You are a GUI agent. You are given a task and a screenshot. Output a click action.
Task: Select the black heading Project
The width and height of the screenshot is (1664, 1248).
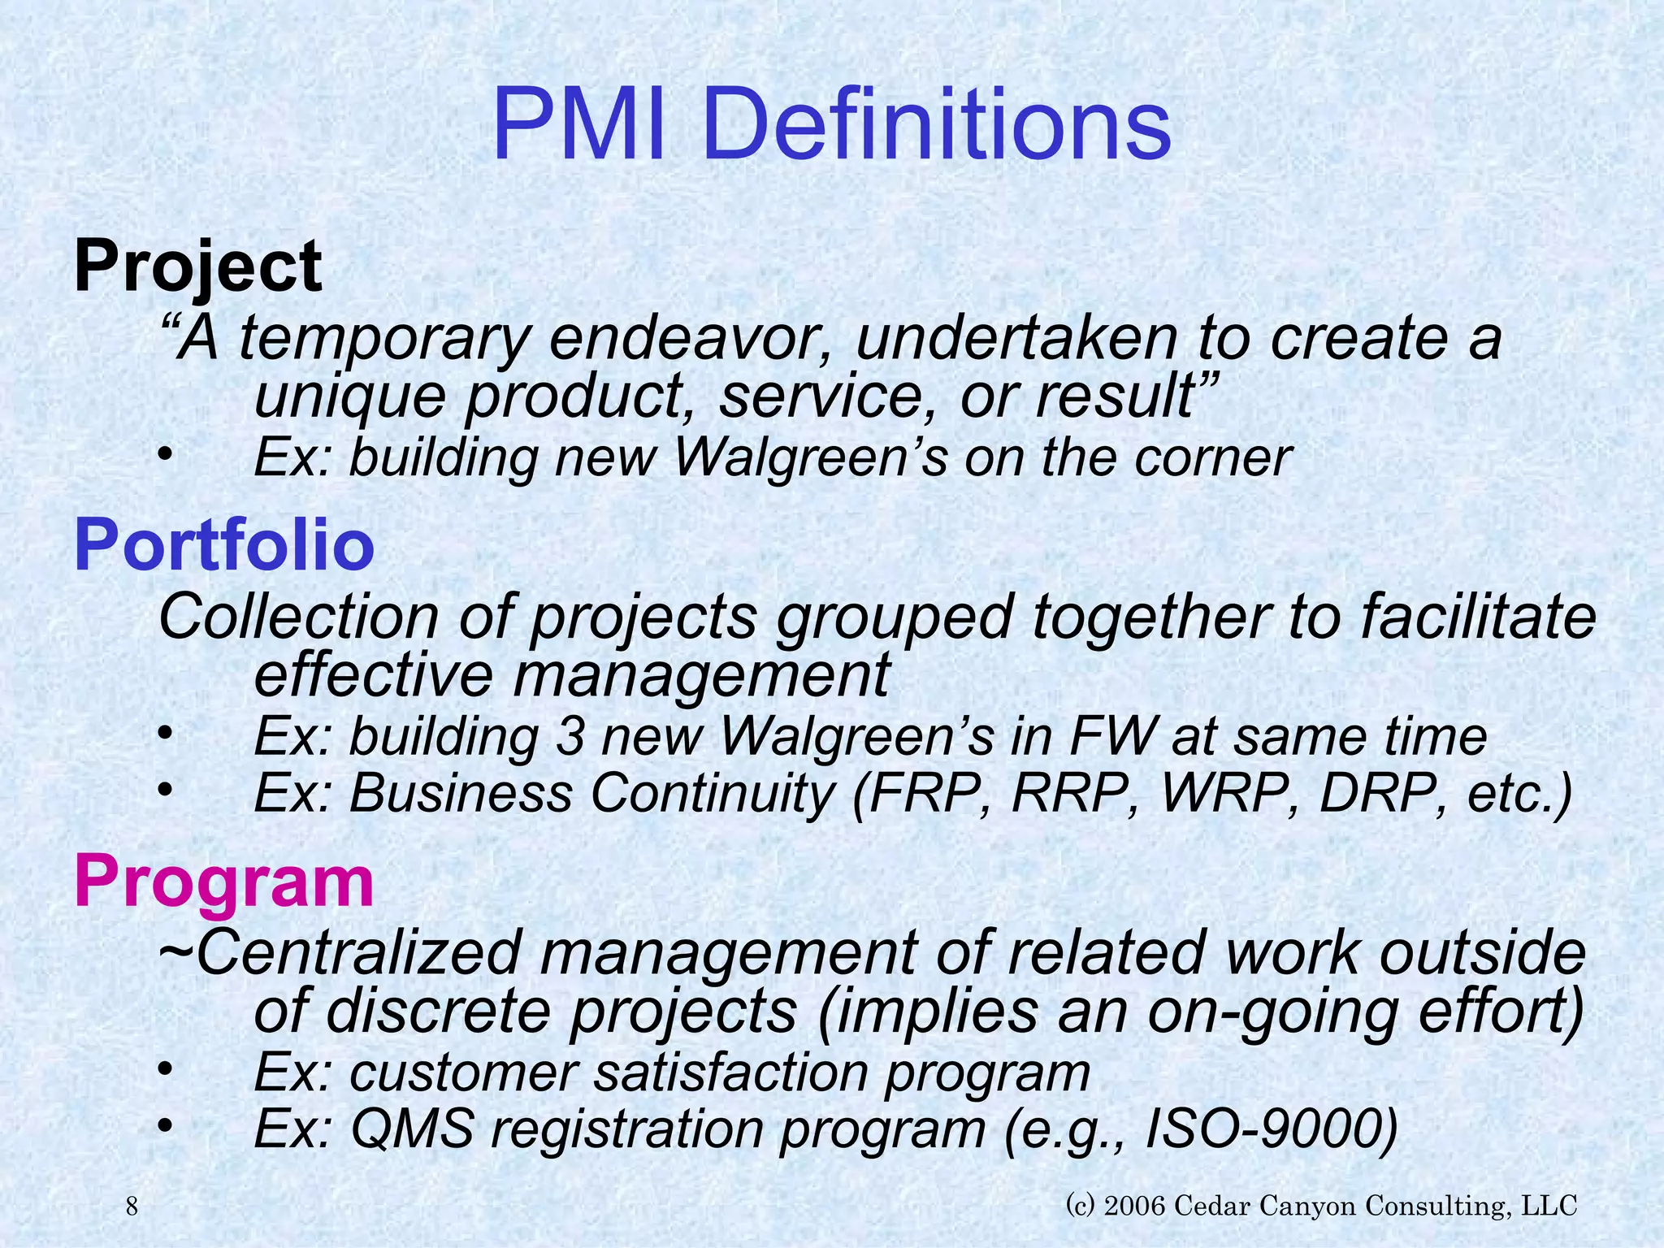click(x=197, y=266)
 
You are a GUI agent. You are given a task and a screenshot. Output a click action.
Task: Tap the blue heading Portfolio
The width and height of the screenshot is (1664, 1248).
click(x=223, y=545)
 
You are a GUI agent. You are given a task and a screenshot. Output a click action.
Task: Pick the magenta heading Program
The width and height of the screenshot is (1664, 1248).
click(x=223, y=882)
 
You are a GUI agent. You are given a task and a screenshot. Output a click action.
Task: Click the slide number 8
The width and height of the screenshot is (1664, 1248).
click(x=132, y=1207)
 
